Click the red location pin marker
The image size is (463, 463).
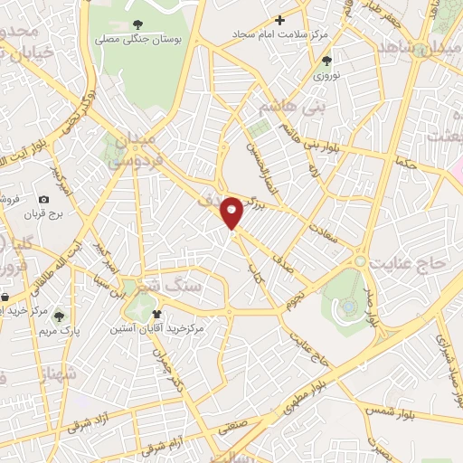tap(233, 213)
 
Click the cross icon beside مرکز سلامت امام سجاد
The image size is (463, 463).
tap(279, 19)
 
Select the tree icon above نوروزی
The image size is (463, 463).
tap(326, 61)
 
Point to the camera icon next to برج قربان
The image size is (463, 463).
tap(43, 199)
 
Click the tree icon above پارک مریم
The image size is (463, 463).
tap(59, 317)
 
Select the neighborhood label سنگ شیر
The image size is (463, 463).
tap(177, 282)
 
